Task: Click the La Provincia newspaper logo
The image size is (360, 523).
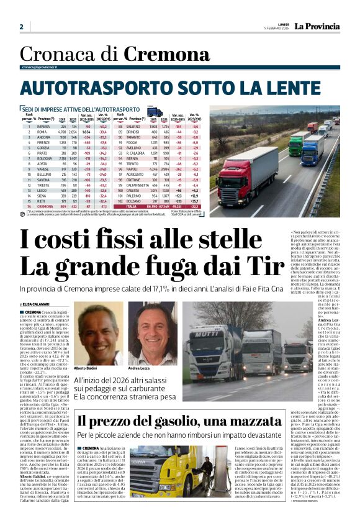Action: click(317, 26)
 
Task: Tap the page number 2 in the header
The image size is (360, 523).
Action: click(21, 27)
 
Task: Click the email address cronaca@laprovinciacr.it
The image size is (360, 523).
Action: click(43, 66)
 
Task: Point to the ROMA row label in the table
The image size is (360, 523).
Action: click(42, 132)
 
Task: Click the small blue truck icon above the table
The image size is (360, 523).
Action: click(155, 112)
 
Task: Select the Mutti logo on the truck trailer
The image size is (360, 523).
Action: click(210, 340)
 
